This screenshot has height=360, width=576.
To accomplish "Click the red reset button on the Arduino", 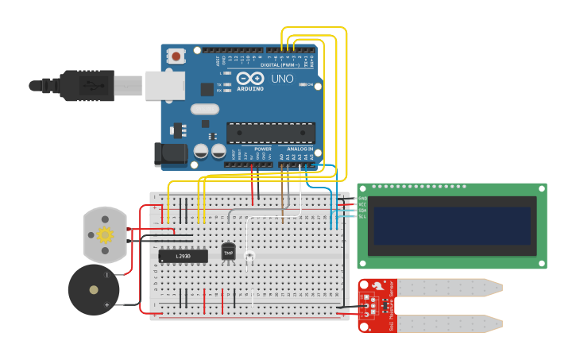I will (175, 56).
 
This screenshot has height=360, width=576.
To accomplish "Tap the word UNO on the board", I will (283, 79).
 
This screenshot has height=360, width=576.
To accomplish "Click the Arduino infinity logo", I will (249, 78).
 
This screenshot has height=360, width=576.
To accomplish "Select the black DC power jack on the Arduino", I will (169, 154).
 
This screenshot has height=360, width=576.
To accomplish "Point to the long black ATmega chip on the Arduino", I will (270, 133).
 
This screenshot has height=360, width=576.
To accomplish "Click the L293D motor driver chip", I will (183, 256).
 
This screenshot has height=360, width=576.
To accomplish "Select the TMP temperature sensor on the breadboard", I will (229, 252).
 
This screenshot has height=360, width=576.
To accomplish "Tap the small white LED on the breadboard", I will (249, 257).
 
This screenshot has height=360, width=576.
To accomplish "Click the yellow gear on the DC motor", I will (105, 234).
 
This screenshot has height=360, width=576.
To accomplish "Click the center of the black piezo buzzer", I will (94, 290).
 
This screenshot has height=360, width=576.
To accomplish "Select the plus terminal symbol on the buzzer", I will (106, 304).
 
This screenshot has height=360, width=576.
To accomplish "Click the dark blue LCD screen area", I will (451, 226).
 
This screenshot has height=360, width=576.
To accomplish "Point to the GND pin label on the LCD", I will (363, 198).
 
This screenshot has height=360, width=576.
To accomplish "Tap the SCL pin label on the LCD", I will (363, 216).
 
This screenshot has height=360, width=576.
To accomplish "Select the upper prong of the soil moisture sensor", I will (449, 287).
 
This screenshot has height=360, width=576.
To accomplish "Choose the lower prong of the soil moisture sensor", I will (449, 323).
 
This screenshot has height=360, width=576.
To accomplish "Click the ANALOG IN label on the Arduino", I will (300, 149).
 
